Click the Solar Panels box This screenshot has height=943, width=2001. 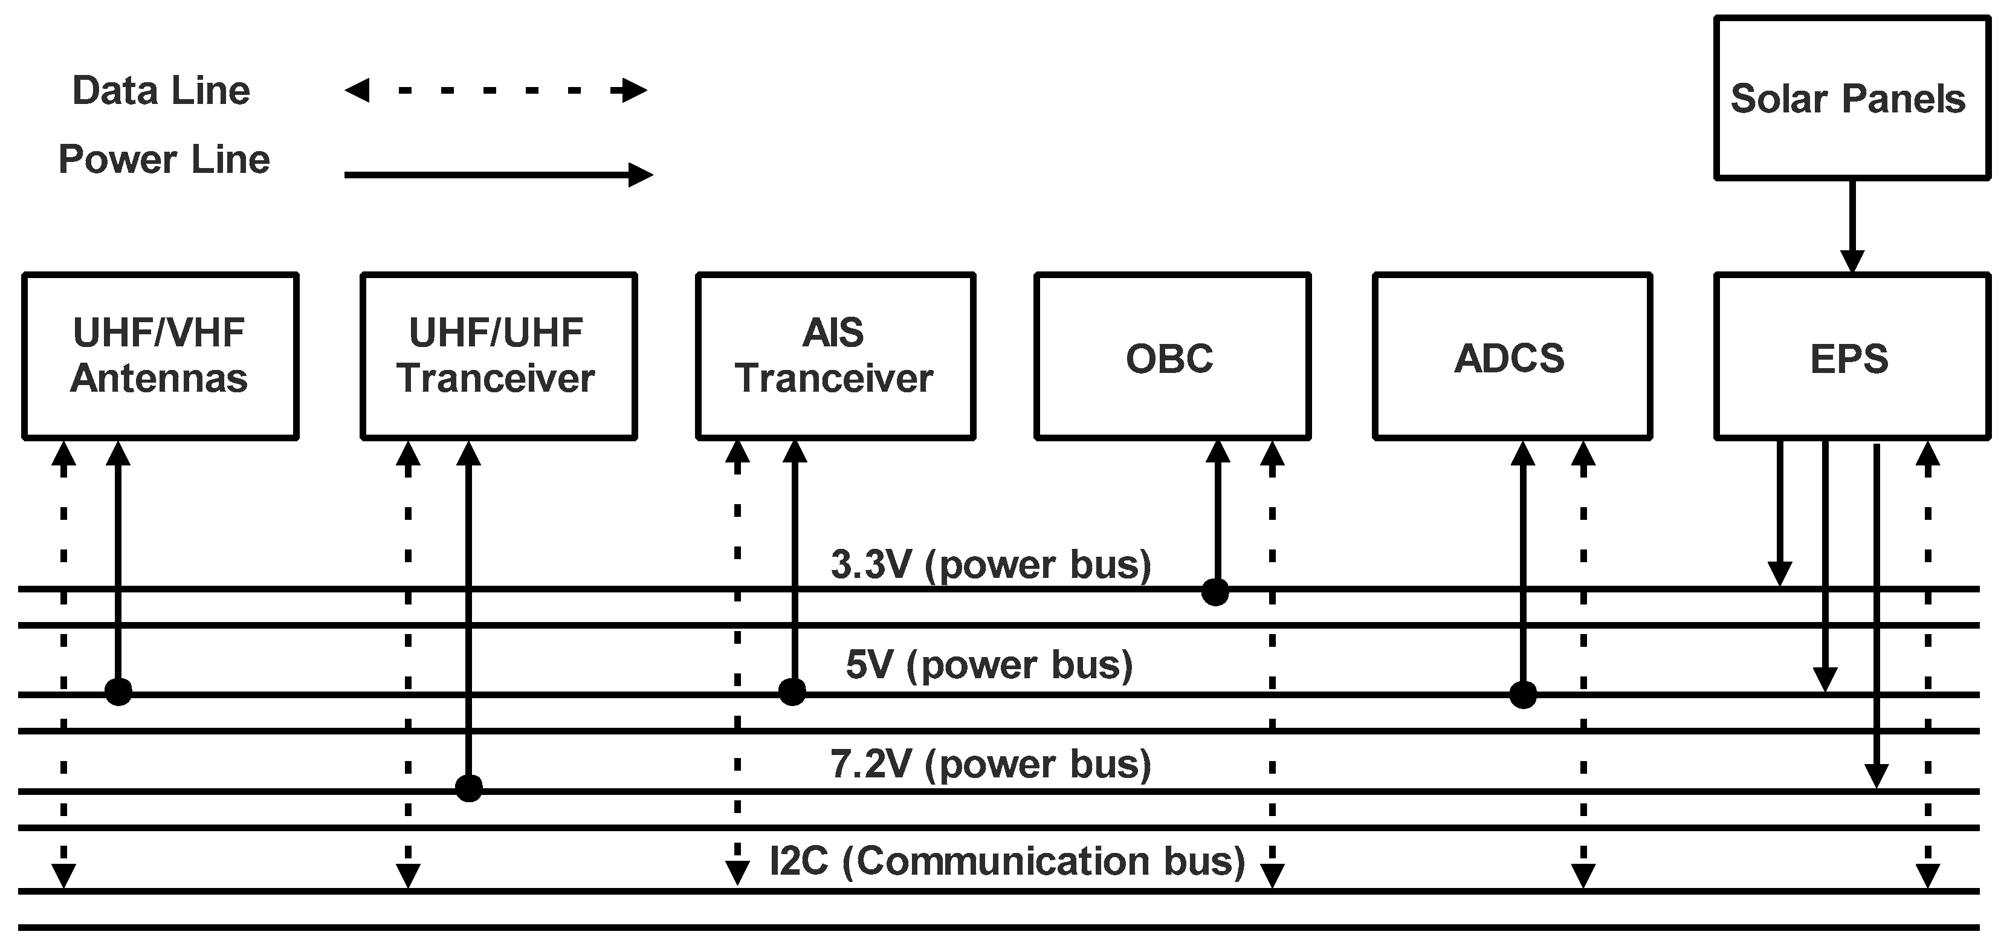[x=1851, y=99]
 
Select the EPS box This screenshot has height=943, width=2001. [x=1851, y=357]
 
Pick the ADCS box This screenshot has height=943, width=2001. [x=1511, y=357]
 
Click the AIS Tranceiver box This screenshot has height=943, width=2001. [x=835, y=357]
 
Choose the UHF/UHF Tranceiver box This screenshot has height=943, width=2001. [x=499, y=357]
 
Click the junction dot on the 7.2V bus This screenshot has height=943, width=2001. [x=468, y=788]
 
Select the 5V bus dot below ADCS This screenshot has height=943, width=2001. [x=1522, y=695]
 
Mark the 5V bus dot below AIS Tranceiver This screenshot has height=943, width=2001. [x=792, y=690]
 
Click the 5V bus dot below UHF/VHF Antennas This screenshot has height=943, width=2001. [x=118, y=690]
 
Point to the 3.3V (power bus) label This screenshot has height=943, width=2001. [x=991, y=565]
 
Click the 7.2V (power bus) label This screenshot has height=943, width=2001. [x=991, y=764]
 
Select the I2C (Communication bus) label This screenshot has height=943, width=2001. [x=1007, y=861]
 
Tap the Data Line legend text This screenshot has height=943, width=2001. [x=161, y=91]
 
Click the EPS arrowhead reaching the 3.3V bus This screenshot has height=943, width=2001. [x=1779, y=573]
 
